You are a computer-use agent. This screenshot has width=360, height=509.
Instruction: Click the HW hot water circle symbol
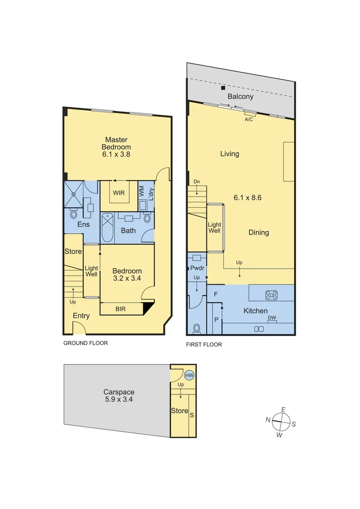[189, 375]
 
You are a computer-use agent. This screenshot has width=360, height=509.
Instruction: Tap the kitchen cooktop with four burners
[271, 296]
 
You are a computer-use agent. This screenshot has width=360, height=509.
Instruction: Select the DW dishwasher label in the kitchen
[272, 318]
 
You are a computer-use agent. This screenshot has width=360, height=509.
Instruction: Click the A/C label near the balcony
[249, 120]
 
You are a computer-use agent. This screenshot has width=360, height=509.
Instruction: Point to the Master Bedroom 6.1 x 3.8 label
[116, 147]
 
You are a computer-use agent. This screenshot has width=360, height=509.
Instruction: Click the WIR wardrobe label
[118, 193]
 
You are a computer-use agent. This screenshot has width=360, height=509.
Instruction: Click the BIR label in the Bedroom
[121, 309]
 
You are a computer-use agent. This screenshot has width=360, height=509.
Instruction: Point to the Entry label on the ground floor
[82, 316]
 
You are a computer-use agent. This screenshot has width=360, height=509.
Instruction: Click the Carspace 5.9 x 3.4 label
[119, 395]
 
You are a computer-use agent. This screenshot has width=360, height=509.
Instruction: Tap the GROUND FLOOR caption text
[85, 343]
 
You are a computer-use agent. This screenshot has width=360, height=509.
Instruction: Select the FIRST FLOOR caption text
[204, 345]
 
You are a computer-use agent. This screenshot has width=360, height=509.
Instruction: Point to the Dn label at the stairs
[196, 181]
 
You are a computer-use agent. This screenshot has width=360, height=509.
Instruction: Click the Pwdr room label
[197, 268]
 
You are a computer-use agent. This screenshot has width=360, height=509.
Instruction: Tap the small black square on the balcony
[223, 88]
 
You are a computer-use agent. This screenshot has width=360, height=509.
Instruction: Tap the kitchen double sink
[259, 329]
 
